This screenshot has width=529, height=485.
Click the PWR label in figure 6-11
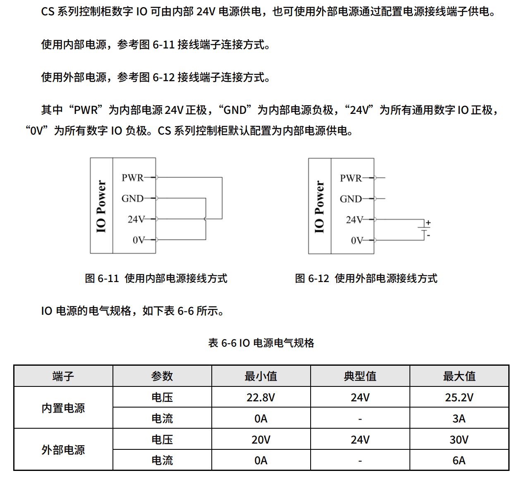(132, 178)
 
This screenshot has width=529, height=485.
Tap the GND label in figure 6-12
(351, 199)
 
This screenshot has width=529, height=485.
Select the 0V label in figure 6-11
(139, 240)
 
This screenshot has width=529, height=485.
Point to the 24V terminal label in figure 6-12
(354, 220)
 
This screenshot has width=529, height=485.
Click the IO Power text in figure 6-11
(101, 206)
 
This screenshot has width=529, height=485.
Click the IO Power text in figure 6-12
(319, 206)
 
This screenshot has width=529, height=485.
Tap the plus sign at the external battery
(428, 223)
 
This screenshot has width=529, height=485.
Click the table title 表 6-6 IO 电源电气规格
(261, 343)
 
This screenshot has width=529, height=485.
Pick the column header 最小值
(261, 376)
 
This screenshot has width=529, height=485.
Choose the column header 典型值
(360, 376)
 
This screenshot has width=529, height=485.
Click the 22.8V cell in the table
(261, 398)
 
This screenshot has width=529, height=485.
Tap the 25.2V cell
(459, 398)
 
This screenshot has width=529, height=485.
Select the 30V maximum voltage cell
(459, 439)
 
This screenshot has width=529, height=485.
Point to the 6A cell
(459, 461)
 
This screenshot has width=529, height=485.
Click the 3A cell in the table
(459, 419)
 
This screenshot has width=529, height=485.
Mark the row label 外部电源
(63, 450)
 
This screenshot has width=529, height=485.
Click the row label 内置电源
(63, 408)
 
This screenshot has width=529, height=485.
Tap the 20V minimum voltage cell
(261, 439)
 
